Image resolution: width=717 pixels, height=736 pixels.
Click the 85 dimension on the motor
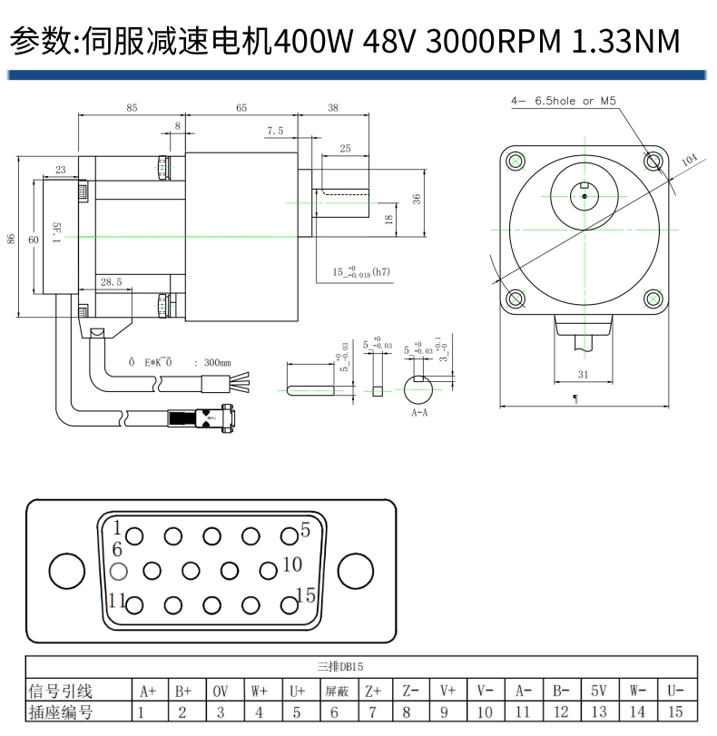132,108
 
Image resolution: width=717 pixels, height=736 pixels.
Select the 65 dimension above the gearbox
241,108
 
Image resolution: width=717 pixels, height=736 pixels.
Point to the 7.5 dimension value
275,131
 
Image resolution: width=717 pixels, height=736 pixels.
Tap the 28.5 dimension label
112,282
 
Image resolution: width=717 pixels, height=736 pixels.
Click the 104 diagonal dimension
689,160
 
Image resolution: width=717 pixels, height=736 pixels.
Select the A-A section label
419,412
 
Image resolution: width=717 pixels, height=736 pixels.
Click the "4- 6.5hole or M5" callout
564,102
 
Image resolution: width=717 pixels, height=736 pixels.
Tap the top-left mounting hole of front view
516,162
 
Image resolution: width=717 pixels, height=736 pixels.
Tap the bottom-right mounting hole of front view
653,299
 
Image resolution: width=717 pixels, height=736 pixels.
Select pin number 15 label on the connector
306,595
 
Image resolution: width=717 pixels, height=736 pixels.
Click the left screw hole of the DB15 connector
66,571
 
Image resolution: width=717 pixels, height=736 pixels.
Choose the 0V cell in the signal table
221,691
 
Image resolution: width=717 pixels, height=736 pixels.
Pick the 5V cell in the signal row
598,691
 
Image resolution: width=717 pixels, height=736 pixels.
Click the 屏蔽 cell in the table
336,691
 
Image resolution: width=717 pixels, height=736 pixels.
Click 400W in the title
313,41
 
